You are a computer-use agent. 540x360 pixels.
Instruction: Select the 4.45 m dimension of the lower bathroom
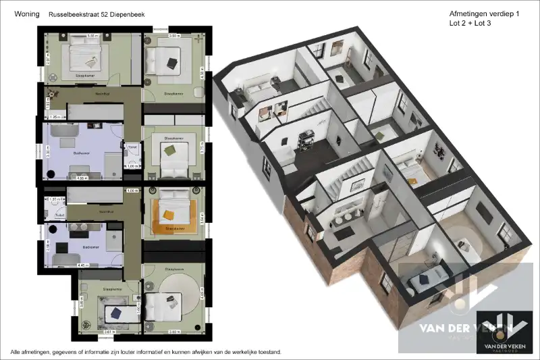pyautogui.click(x=81, y=265)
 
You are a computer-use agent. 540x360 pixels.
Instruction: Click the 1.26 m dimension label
pyautogui.click(x=55, y=118)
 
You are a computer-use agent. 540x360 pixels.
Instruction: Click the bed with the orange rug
pyautogui.click(x=171, y=206)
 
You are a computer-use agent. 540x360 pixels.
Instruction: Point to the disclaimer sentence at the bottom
pyautogui.click(x=145, y=352)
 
